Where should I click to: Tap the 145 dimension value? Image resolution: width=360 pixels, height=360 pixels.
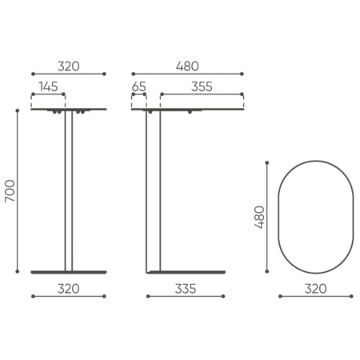(x=46, y=86)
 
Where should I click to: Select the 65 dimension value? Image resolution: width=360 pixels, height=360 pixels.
(x=138, y=86)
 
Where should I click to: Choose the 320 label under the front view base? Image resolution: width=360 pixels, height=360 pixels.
(x=68, y=287)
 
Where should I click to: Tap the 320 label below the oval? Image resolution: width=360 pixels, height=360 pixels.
(x=315, y=287)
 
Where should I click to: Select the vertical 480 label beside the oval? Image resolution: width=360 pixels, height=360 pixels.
(x=259, y=216)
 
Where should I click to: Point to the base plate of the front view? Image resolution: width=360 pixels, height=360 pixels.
(x=68, y=272)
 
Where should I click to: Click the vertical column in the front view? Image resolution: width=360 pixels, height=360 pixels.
(x=68, y=192)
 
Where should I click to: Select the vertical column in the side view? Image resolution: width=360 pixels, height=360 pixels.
(x=150, y=192)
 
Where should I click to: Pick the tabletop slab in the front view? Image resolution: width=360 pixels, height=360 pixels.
(x=68, y=110)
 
